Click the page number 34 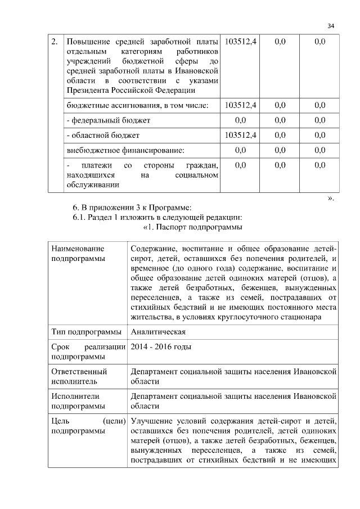click(331, 26)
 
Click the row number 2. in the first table click(54, 42)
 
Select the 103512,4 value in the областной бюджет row click(240, 135)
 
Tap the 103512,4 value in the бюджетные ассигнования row click(240, 105)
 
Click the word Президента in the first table click(86, 89)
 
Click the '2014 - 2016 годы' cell click(160, 346)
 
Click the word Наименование click(78, 247)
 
